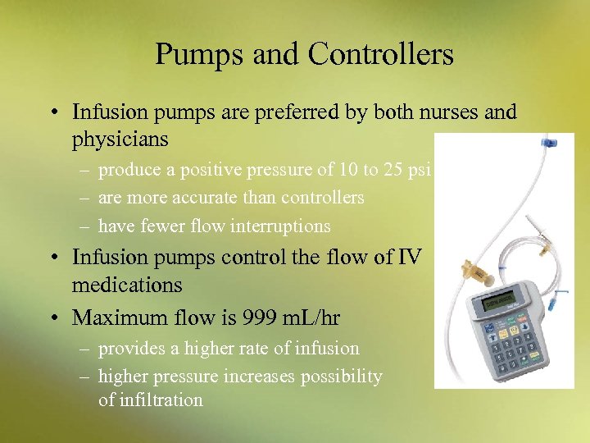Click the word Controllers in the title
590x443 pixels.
click(x=381, y=55)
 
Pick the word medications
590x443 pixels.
click(x=127, y=286)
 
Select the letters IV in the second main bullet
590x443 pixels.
click(x=410, y=258)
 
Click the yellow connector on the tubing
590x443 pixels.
click(x=474, y=267)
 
